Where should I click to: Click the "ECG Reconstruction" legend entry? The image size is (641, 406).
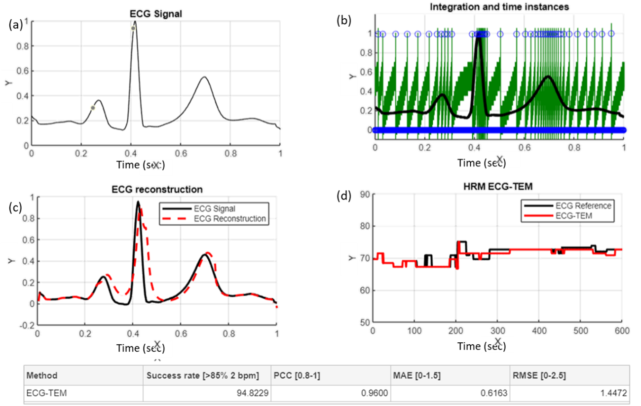click(230, 218)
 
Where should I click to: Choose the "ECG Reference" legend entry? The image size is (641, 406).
click(583, 205)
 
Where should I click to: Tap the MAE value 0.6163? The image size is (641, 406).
click(493, 393)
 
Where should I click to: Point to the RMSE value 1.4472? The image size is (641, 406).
click(614, 393)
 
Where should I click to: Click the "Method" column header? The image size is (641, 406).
click(42, 375)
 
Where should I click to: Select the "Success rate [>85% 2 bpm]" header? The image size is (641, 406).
click(202, 375)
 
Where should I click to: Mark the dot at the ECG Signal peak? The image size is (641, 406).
click(133, 29)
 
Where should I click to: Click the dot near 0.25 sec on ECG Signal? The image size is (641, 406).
click(93, 108)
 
